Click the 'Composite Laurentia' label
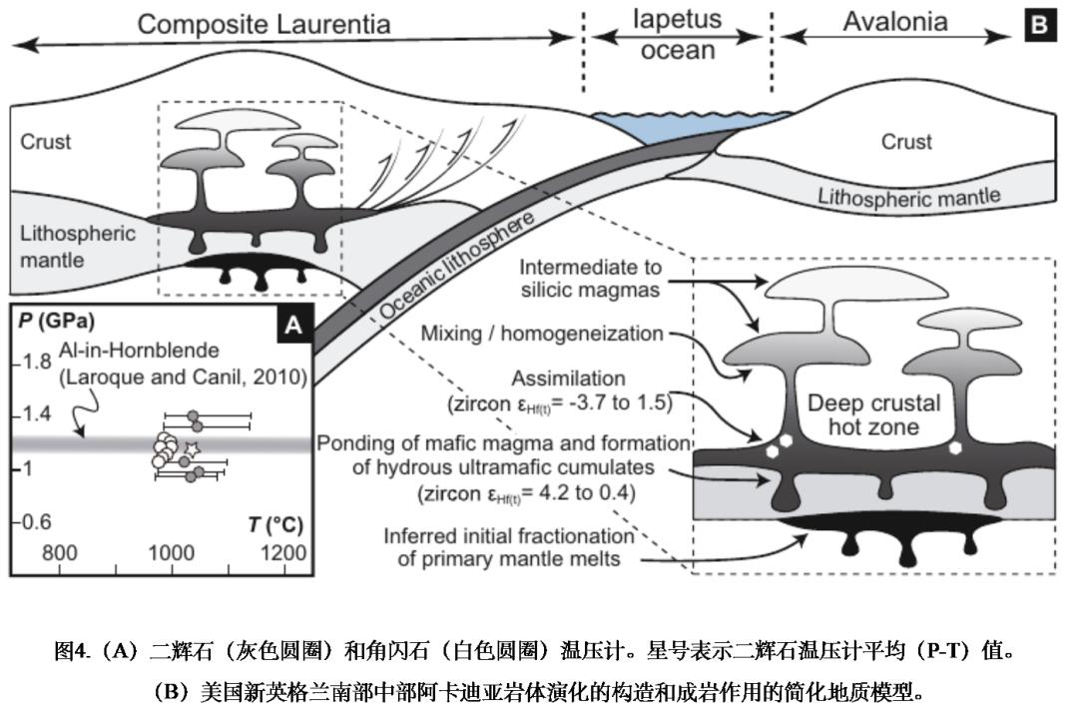(x=264, y=24)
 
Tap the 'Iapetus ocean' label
(x=678, y=35)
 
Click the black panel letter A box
(x=291, y=325)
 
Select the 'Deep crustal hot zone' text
(x=872, y=415)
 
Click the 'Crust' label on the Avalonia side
(x=906, y=142)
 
